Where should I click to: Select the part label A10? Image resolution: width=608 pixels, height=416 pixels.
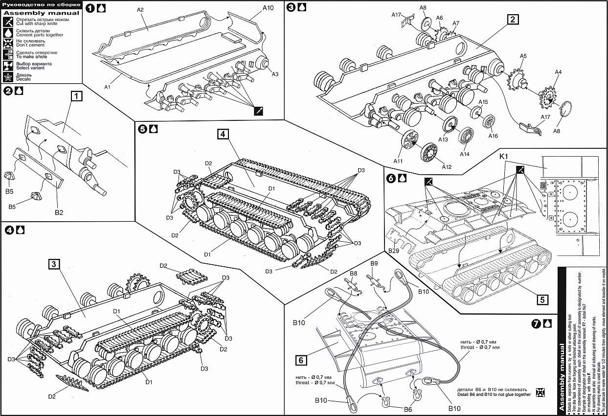click(x=268, y=8)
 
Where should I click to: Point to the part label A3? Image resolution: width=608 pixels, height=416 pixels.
click(x=275, y=74)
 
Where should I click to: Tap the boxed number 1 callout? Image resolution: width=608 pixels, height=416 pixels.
click(x=77, y=97)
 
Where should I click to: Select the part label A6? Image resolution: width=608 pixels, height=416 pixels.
click(x=440, y=18)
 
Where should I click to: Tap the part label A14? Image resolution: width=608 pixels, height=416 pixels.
click(x=464, y=154)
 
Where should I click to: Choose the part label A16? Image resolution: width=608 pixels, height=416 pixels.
click(x=493, y=136)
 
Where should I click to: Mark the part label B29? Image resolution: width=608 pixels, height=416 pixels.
click(x=394, y=250)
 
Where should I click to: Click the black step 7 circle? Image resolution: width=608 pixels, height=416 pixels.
click(x=536, y=324)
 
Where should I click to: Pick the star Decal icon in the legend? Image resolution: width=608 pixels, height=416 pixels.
click(x=8, y=76)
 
